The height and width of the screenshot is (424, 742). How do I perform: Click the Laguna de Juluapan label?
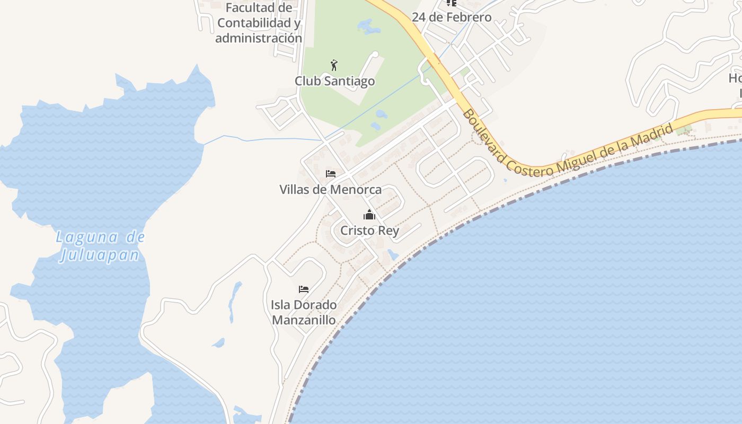pos(100,246)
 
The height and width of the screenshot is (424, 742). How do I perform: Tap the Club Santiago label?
pos(334,81)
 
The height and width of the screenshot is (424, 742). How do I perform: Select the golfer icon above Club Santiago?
pos(334,65)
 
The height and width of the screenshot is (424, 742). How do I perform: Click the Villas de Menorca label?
pos(330,189)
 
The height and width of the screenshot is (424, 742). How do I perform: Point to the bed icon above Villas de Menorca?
pos(331,174)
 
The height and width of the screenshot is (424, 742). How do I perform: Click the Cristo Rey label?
pos(369,231)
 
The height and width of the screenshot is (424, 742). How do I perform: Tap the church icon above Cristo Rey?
pos(369,215)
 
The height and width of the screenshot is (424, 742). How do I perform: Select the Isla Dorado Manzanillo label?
pos(304,312)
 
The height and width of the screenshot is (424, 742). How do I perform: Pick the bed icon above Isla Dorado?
pos(304,289)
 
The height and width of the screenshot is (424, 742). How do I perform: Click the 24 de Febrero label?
pos(452,17)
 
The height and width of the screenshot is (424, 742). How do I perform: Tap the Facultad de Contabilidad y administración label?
pos(259,23)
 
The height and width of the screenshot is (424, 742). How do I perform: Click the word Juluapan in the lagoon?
pos(100,255)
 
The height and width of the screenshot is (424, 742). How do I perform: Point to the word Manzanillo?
pos(304,320)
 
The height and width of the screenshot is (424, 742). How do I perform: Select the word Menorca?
pos(356,189)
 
